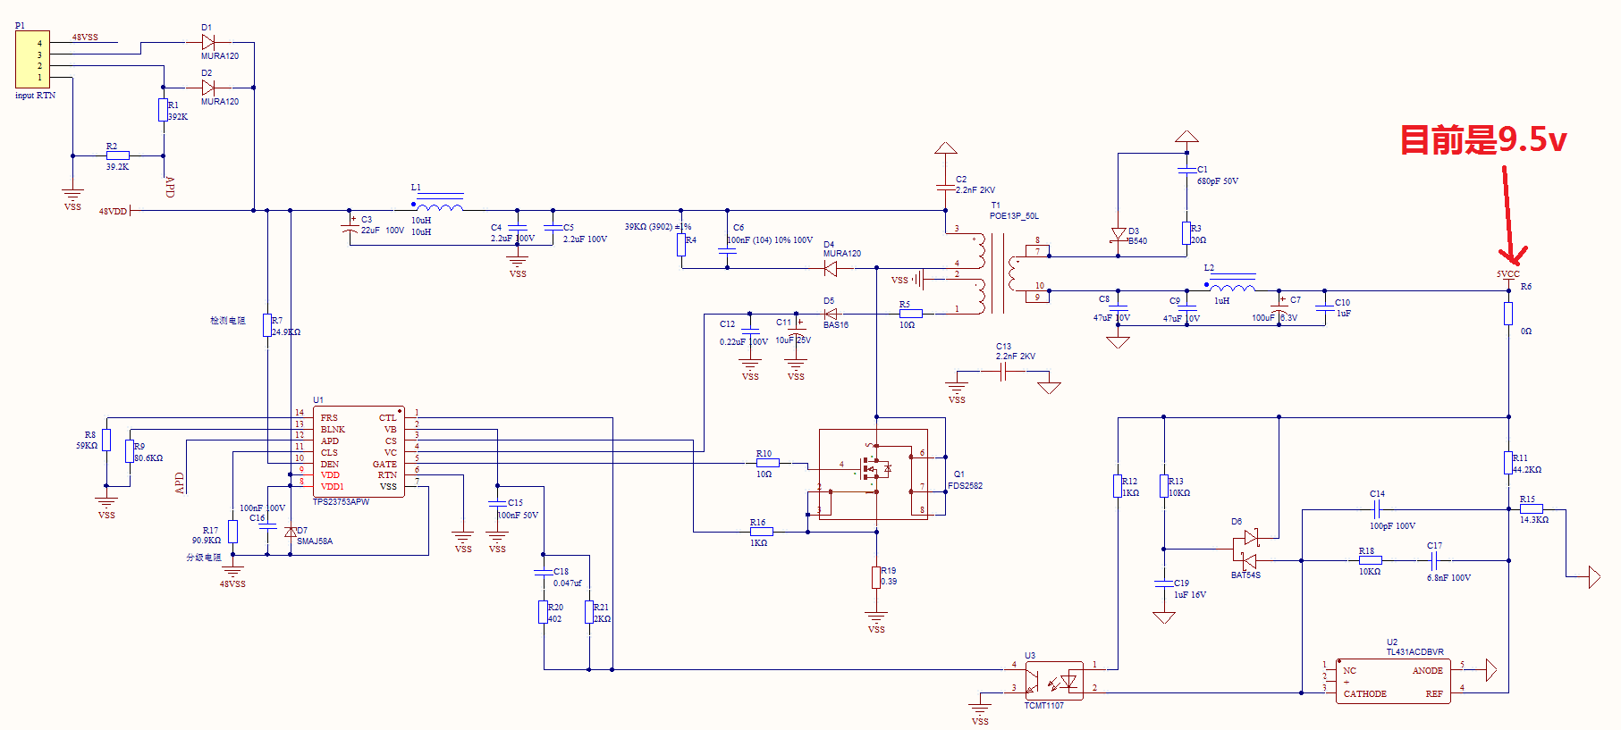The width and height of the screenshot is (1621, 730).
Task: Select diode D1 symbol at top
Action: pyautogui.click(x=208, y=42)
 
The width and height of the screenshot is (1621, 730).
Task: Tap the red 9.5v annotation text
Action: pyautogui.click(x=1482, y=140)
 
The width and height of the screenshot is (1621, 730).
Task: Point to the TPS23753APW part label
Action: pyautogui.click(x=341, y=502)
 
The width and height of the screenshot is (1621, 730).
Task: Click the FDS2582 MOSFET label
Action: pyautogui.click(x=965, y=486)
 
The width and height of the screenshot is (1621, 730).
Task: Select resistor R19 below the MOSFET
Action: pyautogui.click(x=876, y=577)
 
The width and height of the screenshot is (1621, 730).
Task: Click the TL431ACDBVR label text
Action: pyautogui.click(x=1414, y=652)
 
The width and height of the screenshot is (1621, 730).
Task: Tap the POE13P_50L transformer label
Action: pyautogui.click(x=1014, y=216)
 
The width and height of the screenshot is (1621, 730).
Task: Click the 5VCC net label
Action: pyautogui.click(x=1507, y=274)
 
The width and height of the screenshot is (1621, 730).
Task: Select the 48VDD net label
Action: pyautogui.click(x=113, y=212)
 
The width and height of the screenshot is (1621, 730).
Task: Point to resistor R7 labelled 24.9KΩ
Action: pyautogui.click(x=267, y=325)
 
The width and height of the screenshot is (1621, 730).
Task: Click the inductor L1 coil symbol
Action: pyautogui.click(x=440, y=207)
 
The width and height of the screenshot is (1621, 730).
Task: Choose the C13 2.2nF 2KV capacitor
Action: pyautogui.click(x=1003, y=373)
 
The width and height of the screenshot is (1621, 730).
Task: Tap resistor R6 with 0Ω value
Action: pyautogui.click(x=1508, y=313)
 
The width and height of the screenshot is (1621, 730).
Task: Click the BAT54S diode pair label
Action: pyautogui.click(x=1245, y=575)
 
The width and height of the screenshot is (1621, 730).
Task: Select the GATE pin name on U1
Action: pyautogui.click(x=384, y=465)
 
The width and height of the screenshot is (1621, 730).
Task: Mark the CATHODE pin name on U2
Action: pyautogui.click(x=1364, y=694)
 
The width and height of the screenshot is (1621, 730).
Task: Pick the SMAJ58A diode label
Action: pyautogui.click(x=315, y=541)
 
